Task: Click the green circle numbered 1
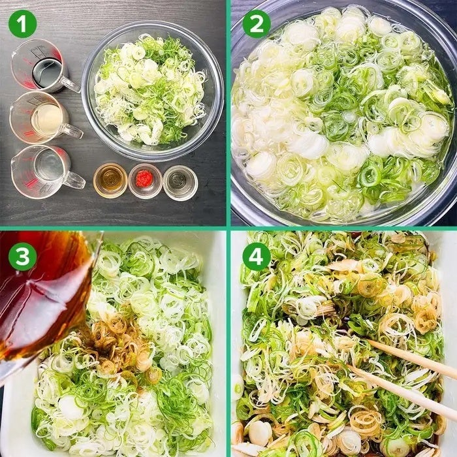[22, 24]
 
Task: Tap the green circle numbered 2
[257, 24]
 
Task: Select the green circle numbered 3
[22, 257]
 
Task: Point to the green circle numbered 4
[257, 257]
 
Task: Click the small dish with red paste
[145, 181]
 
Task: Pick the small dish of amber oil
[110, 181]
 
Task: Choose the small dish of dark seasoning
[180, 183]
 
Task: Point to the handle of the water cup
[74, 180]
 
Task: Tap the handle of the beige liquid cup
[72, 131]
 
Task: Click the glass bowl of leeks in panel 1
[153, 91]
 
